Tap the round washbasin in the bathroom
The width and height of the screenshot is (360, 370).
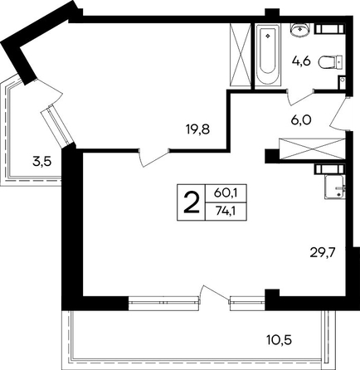(x=299, y=30)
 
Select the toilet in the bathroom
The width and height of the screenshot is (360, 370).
(x=331, y=62)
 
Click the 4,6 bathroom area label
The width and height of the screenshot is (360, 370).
(x=301, y=61)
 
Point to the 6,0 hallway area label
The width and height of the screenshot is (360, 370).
(x=301, y=119)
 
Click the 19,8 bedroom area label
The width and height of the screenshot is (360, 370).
(x=198, y=129)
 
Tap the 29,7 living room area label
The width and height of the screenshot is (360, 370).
(x=323, y=253)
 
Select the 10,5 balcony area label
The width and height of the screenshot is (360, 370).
(x=280, y=339)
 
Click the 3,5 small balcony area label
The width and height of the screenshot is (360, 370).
(x=41, y=162)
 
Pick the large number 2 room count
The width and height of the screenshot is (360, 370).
(x=192, y=202)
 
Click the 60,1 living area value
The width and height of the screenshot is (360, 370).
(x=226, y=193)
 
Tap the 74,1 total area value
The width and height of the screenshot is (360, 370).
(x=226, y=211)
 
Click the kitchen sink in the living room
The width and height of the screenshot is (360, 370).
(x=335, y=187)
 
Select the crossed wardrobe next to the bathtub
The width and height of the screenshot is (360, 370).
(x=240, y=56)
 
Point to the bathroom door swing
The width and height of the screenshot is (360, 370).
(x=300, y=97)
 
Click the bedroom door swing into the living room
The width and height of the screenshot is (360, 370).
(x=153, y=158)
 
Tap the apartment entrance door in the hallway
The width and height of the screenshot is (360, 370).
(x=339, y=113)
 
